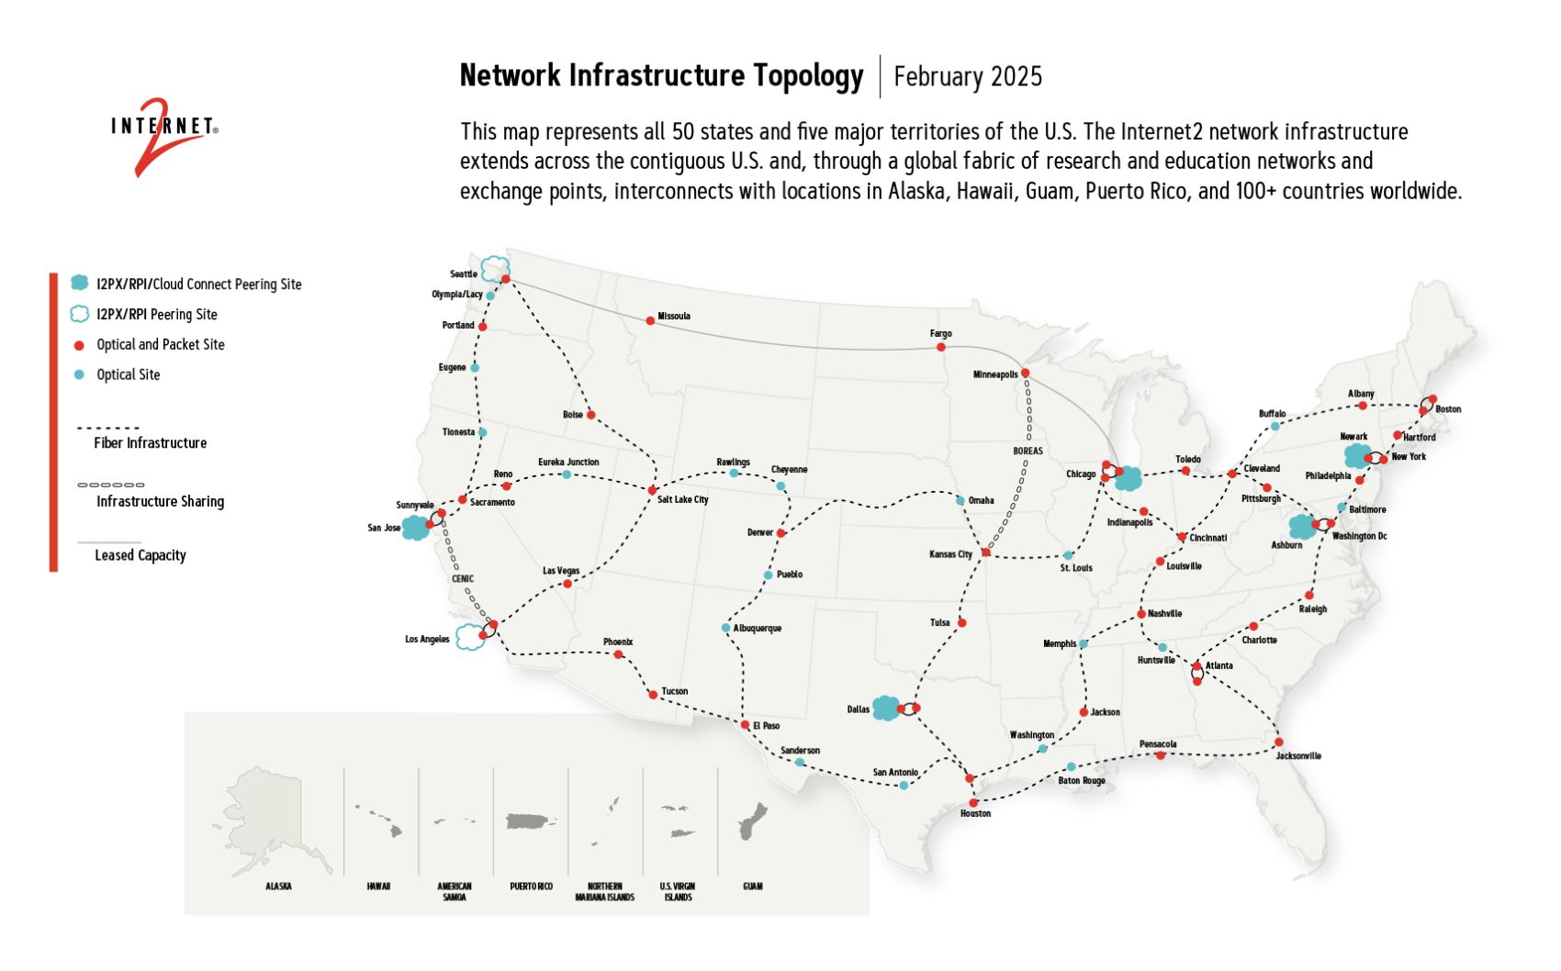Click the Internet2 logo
[163, 134]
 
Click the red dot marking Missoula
[650, 320]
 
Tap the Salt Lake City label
[682, 499]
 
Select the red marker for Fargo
[940, 347]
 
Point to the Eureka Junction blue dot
[567, 474]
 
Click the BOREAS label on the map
[1028, 451]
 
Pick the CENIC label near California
[463, 578]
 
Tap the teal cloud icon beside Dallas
[885, 708]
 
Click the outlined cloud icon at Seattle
[495, 268]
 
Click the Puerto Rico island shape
[532, 820]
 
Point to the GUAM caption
[752, 887]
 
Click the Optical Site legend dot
[79, 374]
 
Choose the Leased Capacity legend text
[140, 555]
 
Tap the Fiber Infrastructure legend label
[150, 443]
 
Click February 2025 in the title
[967, 76]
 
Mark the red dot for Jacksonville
[1278, 742]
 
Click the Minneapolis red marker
[1025, 373]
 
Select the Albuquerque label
[758, 629]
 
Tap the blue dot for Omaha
[960, 500]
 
